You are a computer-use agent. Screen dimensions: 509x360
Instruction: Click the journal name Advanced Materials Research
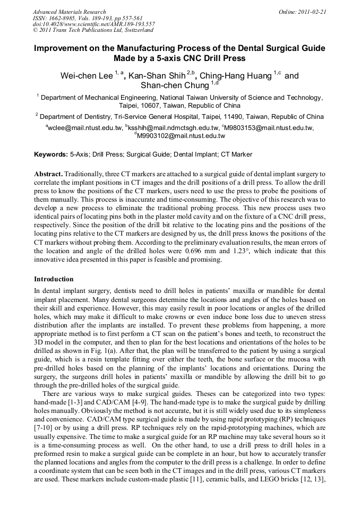click(70, 12)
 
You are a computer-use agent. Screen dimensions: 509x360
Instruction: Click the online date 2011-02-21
click(312, 12)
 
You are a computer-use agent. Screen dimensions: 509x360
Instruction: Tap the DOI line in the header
click(93, 24)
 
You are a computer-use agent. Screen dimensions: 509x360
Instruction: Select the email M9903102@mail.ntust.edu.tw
click(181, 136)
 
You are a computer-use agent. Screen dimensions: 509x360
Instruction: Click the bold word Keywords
click(50, 154)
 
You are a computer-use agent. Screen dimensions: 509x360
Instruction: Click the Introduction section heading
click(54, 279)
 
